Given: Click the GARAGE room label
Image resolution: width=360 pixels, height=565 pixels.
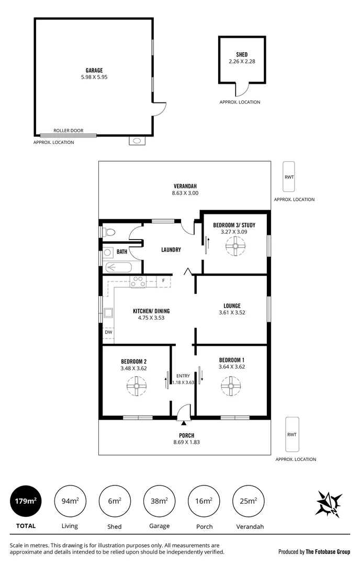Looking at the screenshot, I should pyautogui.click(x=94, y=70).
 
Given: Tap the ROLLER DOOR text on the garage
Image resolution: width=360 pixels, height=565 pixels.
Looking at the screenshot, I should pyautogui.click(x=68, y=131).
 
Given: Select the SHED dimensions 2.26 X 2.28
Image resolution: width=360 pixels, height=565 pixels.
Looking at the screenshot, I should pyautogui.click(x=242, y=61).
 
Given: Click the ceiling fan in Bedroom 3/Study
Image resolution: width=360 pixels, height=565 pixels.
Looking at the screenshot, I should pyautogui.click(x=235, y=246).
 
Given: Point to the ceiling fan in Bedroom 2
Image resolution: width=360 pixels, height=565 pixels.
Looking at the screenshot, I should pyautogui.click(x=137, y=388).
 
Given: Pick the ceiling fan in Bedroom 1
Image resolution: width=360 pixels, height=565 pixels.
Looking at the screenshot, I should pyautogui.click(x=230, y=387).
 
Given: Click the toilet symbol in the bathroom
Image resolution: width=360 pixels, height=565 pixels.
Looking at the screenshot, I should pyautogui.click(x=109, y=232).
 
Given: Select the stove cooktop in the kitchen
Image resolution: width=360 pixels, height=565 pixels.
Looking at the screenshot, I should pyautogui.click(x=138, y=282).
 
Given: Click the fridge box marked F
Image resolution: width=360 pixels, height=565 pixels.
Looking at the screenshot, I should pyautogui.click(x=164, y=281).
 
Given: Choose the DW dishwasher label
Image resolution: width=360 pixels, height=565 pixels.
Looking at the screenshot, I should pyautogui.click(x=108, y=332).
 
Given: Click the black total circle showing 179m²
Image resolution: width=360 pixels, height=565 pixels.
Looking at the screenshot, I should pyautogui.click(x=25, y=501).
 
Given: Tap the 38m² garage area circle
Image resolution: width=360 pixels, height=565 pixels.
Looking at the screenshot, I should pyautogui.click(x=160, y=501).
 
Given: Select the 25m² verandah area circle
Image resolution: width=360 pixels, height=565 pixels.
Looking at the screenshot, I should pyautogui.click(x=249, y=501).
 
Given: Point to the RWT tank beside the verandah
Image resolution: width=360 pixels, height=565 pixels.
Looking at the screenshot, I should pyautogui.click(x=289, y=177).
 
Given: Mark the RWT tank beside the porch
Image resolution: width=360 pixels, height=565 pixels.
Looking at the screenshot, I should pyautogui.click(x=292, y=434).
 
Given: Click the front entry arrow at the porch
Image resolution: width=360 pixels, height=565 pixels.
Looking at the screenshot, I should pyautogui.click(x=183, y=415).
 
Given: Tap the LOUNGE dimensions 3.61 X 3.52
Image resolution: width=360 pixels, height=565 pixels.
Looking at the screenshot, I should pyautogui.click(x=232, y=312).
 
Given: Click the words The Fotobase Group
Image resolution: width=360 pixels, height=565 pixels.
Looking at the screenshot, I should pyautogui.click(x=328, y=551).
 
